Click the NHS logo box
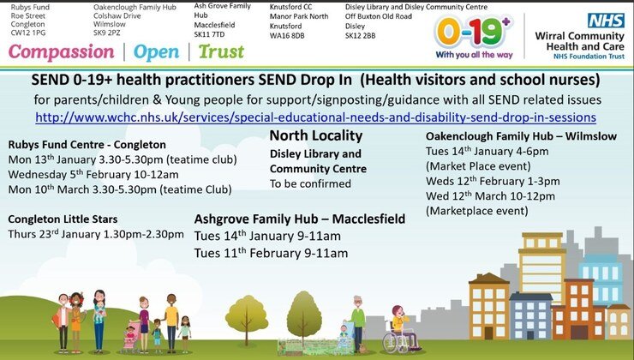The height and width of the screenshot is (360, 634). tap(606, 21)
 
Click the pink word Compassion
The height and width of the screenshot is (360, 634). tap(62, 52)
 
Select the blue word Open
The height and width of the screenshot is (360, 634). tap(156, 52)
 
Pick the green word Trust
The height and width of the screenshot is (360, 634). tap(221, 51)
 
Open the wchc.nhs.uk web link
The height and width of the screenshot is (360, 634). tap(316, 117)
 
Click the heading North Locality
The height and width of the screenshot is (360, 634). tap(316, 135)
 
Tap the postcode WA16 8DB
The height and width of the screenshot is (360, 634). tap(287, 36)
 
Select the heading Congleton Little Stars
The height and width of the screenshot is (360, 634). tap(63, 219)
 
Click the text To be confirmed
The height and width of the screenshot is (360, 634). tap(310, 183)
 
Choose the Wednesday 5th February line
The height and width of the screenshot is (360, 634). tap(93, 175)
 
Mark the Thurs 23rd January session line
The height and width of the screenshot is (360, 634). tap(96, 234)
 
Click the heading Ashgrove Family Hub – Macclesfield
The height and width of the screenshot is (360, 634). tap(300, 219)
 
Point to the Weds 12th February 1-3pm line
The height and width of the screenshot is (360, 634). tap(493, 181)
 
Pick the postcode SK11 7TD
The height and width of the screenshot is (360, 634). tap(209, 34)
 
